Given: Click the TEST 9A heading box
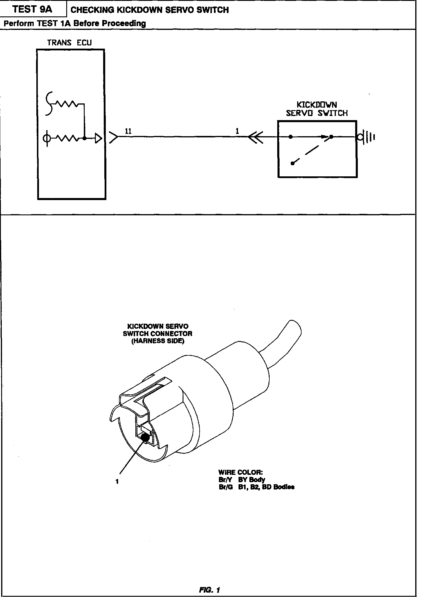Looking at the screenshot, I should point(33,10).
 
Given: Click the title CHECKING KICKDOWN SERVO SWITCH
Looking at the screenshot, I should point(149,10).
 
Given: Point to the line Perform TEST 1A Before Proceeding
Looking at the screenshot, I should point(74,23).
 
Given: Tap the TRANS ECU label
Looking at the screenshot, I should point(69,43).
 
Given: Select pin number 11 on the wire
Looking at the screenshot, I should point(128,132).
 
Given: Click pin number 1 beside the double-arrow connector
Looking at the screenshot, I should point(237,132).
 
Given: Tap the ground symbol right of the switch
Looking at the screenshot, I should point(367,137).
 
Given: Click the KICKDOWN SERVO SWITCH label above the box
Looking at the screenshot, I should point(317,109).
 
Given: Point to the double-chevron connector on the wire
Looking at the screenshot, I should point(255,137).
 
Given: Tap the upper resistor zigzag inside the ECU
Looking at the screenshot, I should point(66,103).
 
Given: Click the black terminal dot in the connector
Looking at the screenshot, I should point(145,438).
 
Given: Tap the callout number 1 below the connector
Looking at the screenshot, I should point(117,481).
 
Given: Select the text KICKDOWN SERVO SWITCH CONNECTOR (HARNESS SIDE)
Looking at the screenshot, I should point(158,334).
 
